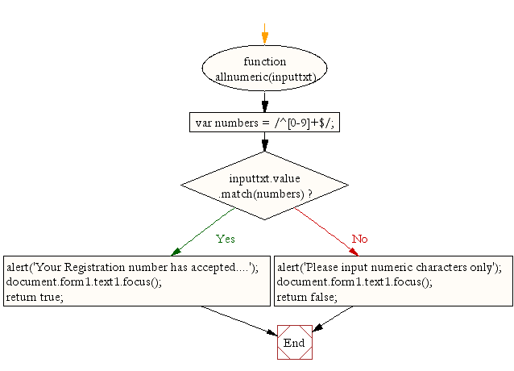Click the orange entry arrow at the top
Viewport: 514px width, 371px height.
(x=264, y=34)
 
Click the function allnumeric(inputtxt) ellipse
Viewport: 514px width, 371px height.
(x=264, y=69)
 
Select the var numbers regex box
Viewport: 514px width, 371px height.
(x=264, y=123)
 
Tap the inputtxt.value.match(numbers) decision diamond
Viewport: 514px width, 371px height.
(x=264, y=185)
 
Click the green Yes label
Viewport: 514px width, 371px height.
(x=226, y=239)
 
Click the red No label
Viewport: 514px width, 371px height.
(x=359, y=239)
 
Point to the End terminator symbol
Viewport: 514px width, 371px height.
(x=294, y=342)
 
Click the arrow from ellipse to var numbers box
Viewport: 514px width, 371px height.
(x=264, y=101)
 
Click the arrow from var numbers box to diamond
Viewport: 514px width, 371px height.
(x=264, y=143)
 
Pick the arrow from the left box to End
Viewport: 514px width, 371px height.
(x=238, y=319)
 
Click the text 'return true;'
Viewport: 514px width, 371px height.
(x=34, y=297)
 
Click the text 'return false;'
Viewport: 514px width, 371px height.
(x=306, y=297)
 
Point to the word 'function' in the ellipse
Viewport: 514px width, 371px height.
(x=264, y=61)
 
